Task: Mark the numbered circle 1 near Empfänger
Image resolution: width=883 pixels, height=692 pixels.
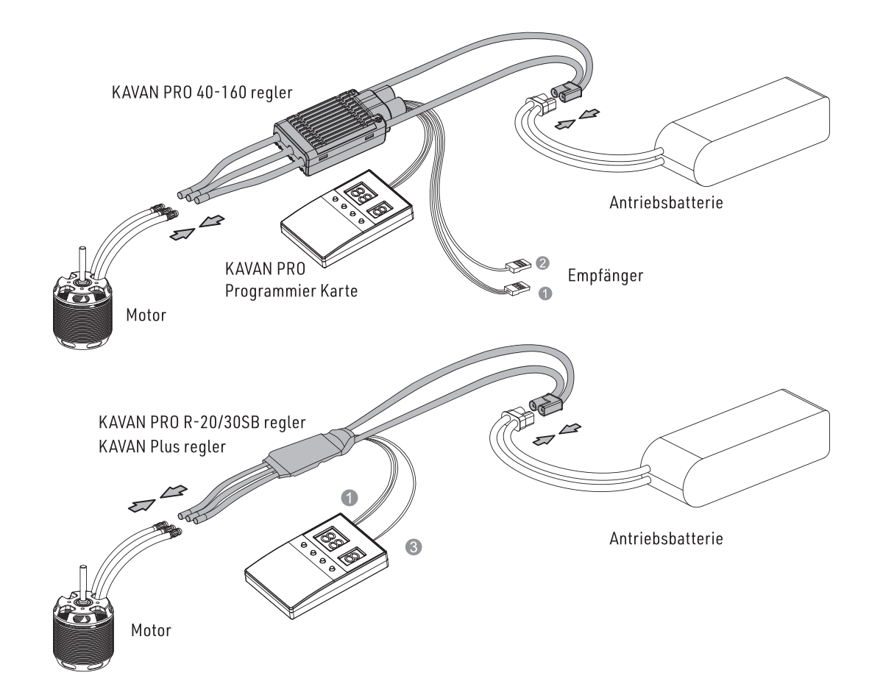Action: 545,293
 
